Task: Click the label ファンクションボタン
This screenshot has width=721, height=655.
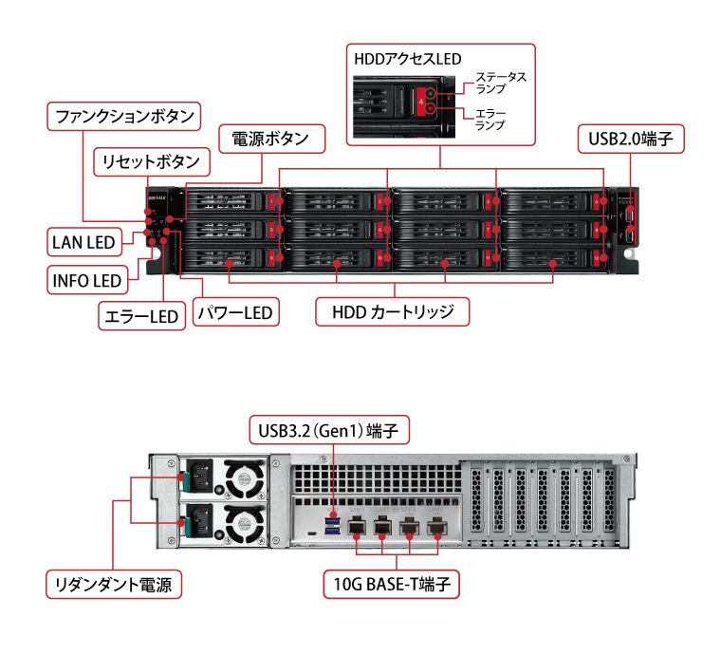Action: point(125,117)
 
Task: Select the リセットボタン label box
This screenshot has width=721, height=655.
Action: point(152,161)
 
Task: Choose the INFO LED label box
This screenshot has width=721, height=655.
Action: point(86,280)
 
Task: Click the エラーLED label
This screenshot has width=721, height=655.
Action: point(140,316)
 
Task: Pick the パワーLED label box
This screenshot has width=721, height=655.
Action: point(233,311)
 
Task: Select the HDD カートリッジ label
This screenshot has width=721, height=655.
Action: point(393,311)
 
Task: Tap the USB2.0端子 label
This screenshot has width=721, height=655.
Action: point(630,139)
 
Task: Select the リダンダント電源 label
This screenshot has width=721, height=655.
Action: point(114,584)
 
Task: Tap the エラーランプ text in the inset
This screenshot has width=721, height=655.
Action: point(490,119)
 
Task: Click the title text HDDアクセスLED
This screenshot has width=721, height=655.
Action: point(408,59)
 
